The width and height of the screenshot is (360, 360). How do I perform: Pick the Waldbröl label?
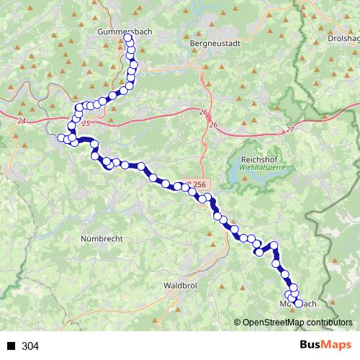[x=180, y=285]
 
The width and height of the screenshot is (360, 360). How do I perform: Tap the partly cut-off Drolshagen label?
[x=343, y=38]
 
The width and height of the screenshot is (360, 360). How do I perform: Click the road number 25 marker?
[x=87, y=125]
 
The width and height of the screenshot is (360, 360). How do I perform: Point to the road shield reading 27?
[x=290, y=129]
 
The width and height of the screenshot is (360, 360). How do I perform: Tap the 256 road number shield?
[x=199, y=184]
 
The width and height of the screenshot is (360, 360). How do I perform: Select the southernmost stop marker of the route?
[x=299, y=304]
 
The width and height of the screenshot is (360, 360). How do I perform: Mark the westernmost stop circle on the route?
[x=62, y=138]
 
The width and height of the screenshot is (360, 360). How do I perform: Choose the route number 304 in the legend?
[x=30, y=346]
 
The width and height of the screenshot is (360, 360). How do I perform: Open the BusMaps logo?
[x=325, y=346]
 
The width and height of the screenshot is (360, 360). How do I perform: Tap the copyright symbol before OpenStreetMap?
[x=238, y=323]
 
